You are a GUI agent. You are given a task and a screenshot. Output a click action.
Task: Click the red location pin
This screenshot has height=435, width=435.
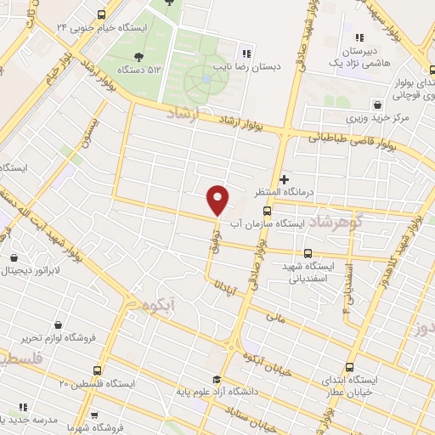(218, 198)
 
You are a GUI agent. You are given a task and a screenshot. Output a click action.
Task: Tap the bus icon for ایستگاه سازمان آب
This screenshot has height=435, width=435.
(268, 211)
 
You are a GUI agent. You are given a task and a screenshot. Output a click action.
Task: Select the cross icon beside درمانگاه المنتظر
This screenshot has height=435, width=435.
(284, 179)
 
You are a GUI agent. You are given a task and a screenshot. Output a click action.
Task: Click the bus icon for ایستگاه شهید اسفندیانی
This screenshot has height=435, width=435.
(308, 253)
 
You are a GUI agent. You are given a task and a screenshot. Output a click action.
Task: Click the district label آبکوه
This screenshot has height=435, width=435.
(160, 303)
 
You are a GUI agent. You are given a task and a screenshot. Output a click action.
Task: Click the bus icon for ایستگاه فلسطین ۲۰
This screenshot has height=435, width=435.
(98, 370)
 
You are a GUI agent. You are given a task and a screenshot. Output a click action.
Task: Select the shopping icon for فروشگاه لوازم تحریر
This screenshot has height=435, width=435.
(58, 325)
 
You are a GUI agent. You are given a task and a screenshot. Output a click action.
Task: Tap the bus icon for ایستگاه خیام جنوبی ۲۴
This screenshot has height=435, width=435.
(102, 14)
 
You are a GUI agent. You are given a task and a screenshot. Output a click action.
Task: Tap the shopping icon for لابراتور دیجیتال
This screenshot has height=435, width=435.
(14, 257)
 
